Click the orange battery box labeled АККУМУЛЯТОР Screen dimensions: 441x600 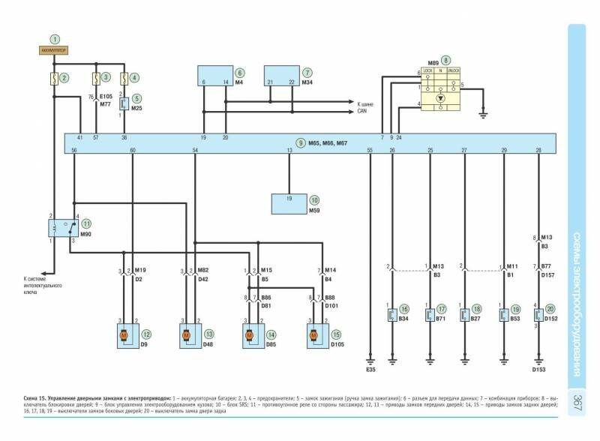coord(54,50)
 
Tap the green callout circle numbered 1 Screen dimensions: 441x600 coord(54,37)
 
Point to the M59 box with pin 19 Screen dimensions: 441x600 coord(289,204)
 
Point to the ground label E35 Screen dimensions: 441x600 coord(370,370)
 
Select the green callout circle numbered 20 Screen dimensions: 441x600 coord(552,308)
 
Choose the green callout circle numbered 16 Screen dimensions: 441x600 coord(404,308)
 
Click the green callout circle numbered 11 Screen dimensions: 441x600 coord(87,223)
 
